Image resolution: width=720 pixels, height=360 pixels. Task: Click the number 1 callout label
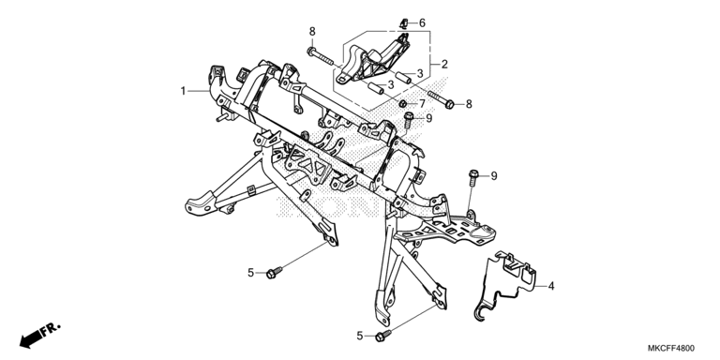click(183, 91)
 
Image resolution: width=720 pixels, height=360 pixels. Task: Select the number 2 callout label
click(444, 65)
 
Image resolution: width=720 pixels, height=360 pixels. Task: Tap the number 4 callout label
click(551, 286)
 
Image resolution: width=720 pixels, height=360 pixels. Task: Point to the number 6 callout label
click(422, 22)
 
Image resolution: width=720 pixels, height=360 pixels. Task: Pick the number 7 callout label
click(422, 104)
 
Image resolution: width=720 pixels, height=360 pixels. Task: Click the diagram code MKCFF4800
click(671, 349)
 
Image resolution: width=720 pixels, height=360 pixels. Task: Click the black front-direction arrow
click(31, 339)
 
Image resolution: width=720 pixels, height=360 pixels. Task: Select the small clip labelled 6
click(404, 22)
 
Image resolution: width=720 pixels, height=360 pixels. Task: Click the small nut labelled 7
click(402, 103)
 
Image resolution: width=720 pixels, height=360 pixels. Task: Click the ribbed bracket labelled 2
click(373, 60)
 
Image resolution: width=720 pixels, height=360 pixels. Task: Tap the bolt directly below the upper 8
click(320, 55)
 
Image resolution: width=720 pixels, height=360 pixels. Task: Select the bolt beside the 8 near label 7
click(442, 99)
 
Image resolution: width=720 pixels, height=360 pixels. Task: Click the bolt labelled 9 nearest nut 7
click(408, 121)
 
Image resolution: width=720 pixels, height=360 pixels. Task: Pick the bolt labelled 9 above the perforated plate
click(473, 179)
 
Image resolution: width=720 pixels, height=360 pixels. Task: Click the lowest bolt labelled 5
click(382, 336)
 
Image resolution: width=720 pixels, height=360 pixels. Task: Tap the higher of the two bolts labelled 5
click(274, 272)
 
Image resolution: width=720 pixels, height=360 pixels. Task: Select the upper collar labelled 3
click(404, 77)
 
